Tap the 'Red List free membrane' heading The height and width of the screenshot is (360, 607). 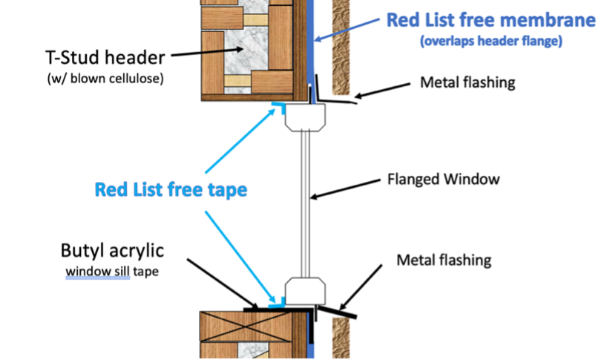click(490, 20)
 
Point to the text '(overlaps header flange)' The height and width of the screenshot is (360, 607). click(490, 42)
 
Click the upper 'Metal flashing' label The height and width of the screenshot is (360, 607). click(467, 82)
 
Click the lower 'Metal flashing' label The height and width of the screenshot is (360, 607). click(444, 260)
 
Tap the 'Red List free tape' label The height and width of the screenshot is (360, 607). click(171, 190)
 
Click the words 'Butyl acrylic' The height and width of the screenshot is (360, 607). click(114, 251)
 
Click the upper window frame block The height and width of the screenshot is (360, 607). click(304, 117)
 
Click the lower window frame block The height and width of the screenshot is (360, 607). click(304, 290)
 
